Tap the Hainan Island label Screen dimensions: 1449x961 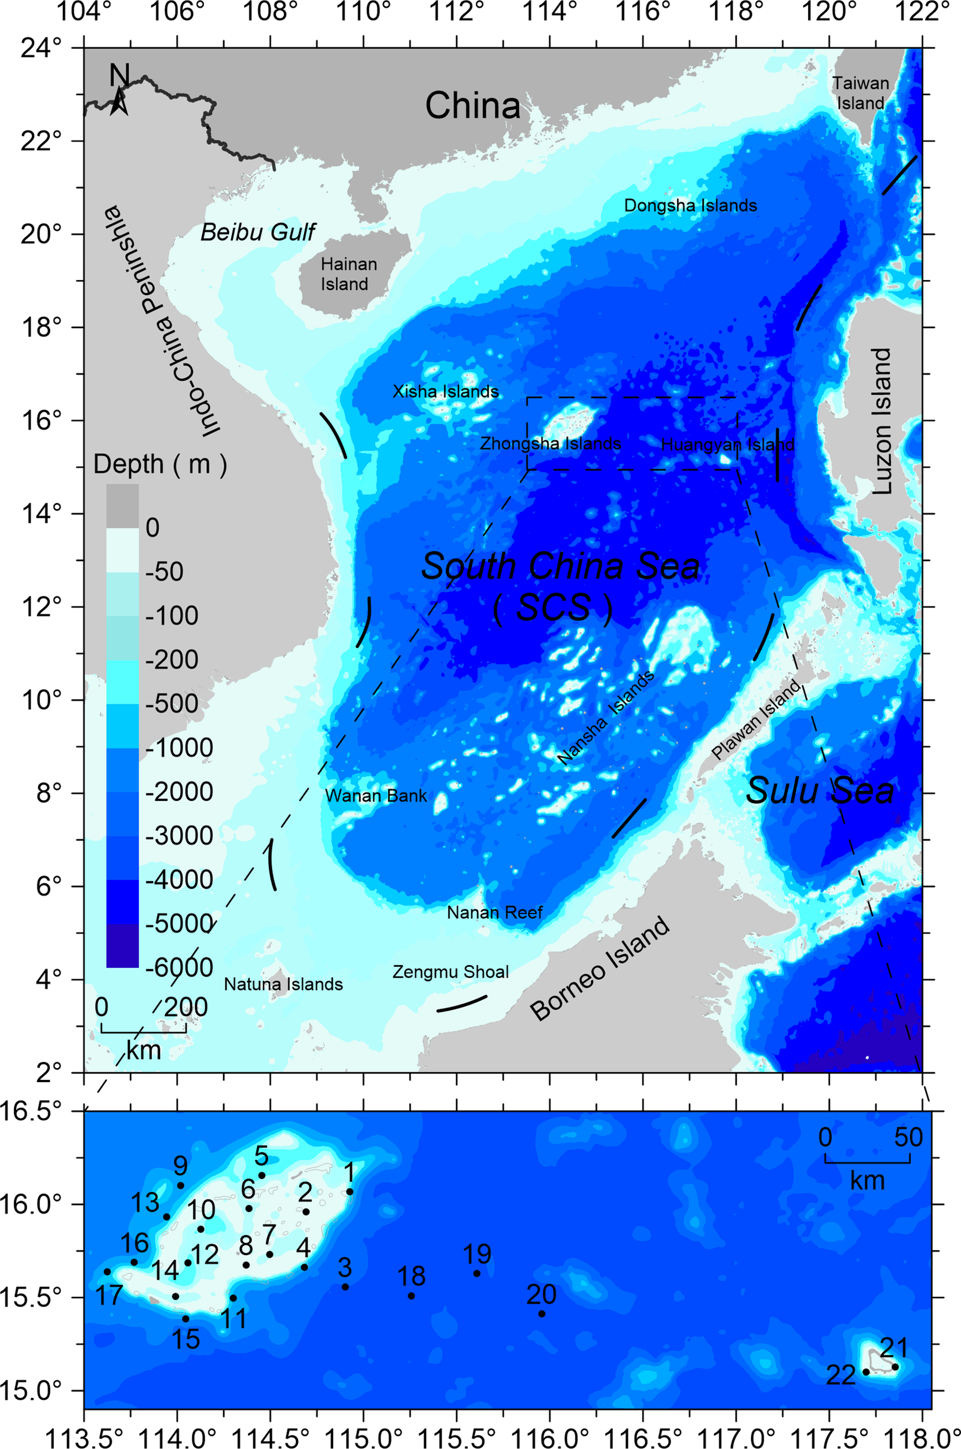(x=348, y=274)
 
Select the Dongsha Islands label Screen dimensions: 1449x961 (x=690, y=206)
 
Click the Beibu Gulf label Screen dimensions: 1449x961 (x=257, y=232)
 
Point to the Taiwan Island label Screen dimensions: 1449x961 (x=861, y=93)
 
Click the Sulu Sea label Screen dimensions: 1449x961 (x=820, y=791)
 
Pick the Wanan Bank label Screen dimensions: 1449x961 (x=376, y=796)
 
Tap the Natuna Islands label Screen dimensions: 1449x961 (x=283, y=985)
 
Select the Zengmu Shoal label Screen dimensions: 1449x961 (x=450, y=972)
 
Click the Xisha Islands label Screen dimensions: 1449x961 (x=446, y=391)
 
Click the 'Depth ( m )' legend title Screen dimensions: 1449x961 (x=160, y=465)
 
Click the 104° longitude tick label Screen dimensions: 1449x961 (x=84, y=12)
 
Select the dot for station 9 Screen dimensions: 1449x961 (x=181, y=1185)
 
